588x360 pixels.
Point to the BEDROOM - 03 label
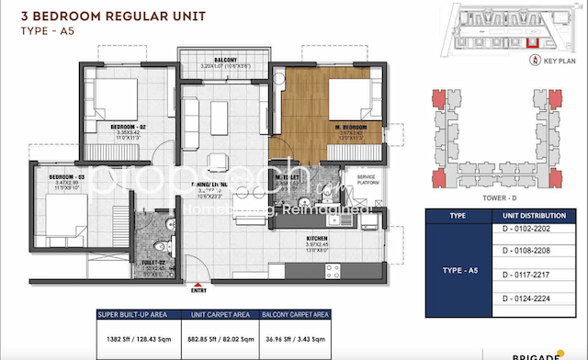(x=59, y=175)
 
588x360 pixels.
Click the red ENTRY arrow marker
(x=198, y=283)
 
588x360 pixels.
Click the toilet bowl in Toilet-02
(x=162, y=245)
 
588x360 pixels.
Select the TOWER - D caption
(x=494, y=197)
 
